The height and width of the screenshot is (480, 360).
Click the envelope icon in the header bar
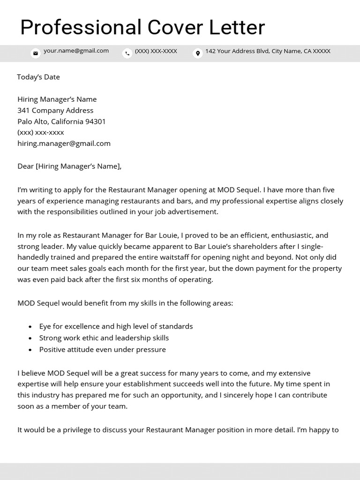(35, 53)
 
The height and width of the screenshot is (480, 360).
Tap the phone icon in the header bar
(127, 53)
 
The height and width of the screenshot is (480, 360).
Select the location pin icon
(198, 53)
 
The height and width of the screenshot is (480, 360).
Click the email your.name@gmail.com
(76, 51)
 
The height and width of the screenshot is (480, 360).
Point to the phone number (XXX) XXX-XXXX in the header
(156, 51)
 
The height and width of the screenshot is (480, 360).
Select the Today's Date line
(38, 77)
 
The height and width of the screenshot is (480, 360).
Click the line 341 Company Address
(55, 111)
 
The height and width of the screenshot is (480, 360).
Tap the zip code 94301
(95, 122)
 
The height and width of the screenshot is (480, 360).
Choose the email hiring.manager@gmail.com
(64, 143)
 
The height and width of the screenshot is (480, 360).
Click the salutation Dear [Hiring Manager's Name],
(69, 166)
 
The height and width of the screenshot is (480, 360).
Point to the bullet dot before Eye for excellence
(30, 327)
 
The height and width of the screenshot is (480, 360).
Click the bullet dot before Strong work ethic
(30, 338)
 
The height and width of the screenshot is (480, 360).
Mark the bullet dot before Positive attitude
(30, 350)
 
